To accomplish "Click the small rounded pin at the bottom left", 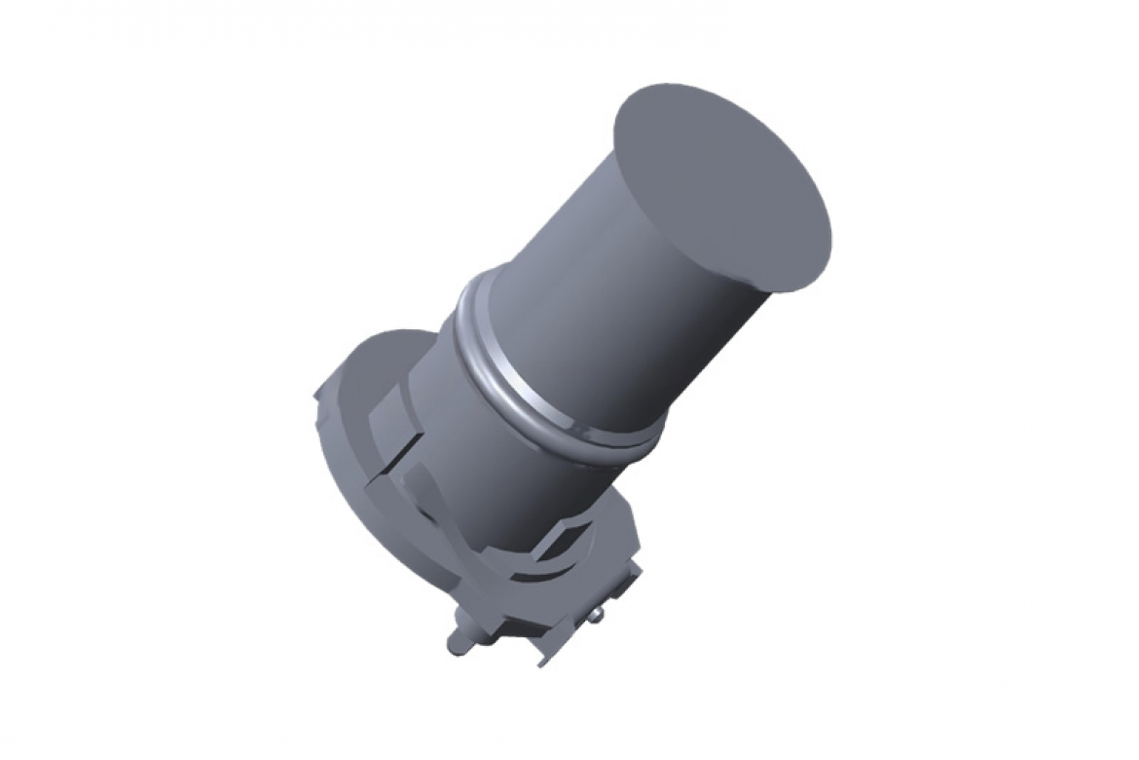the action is pos(457,644).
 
